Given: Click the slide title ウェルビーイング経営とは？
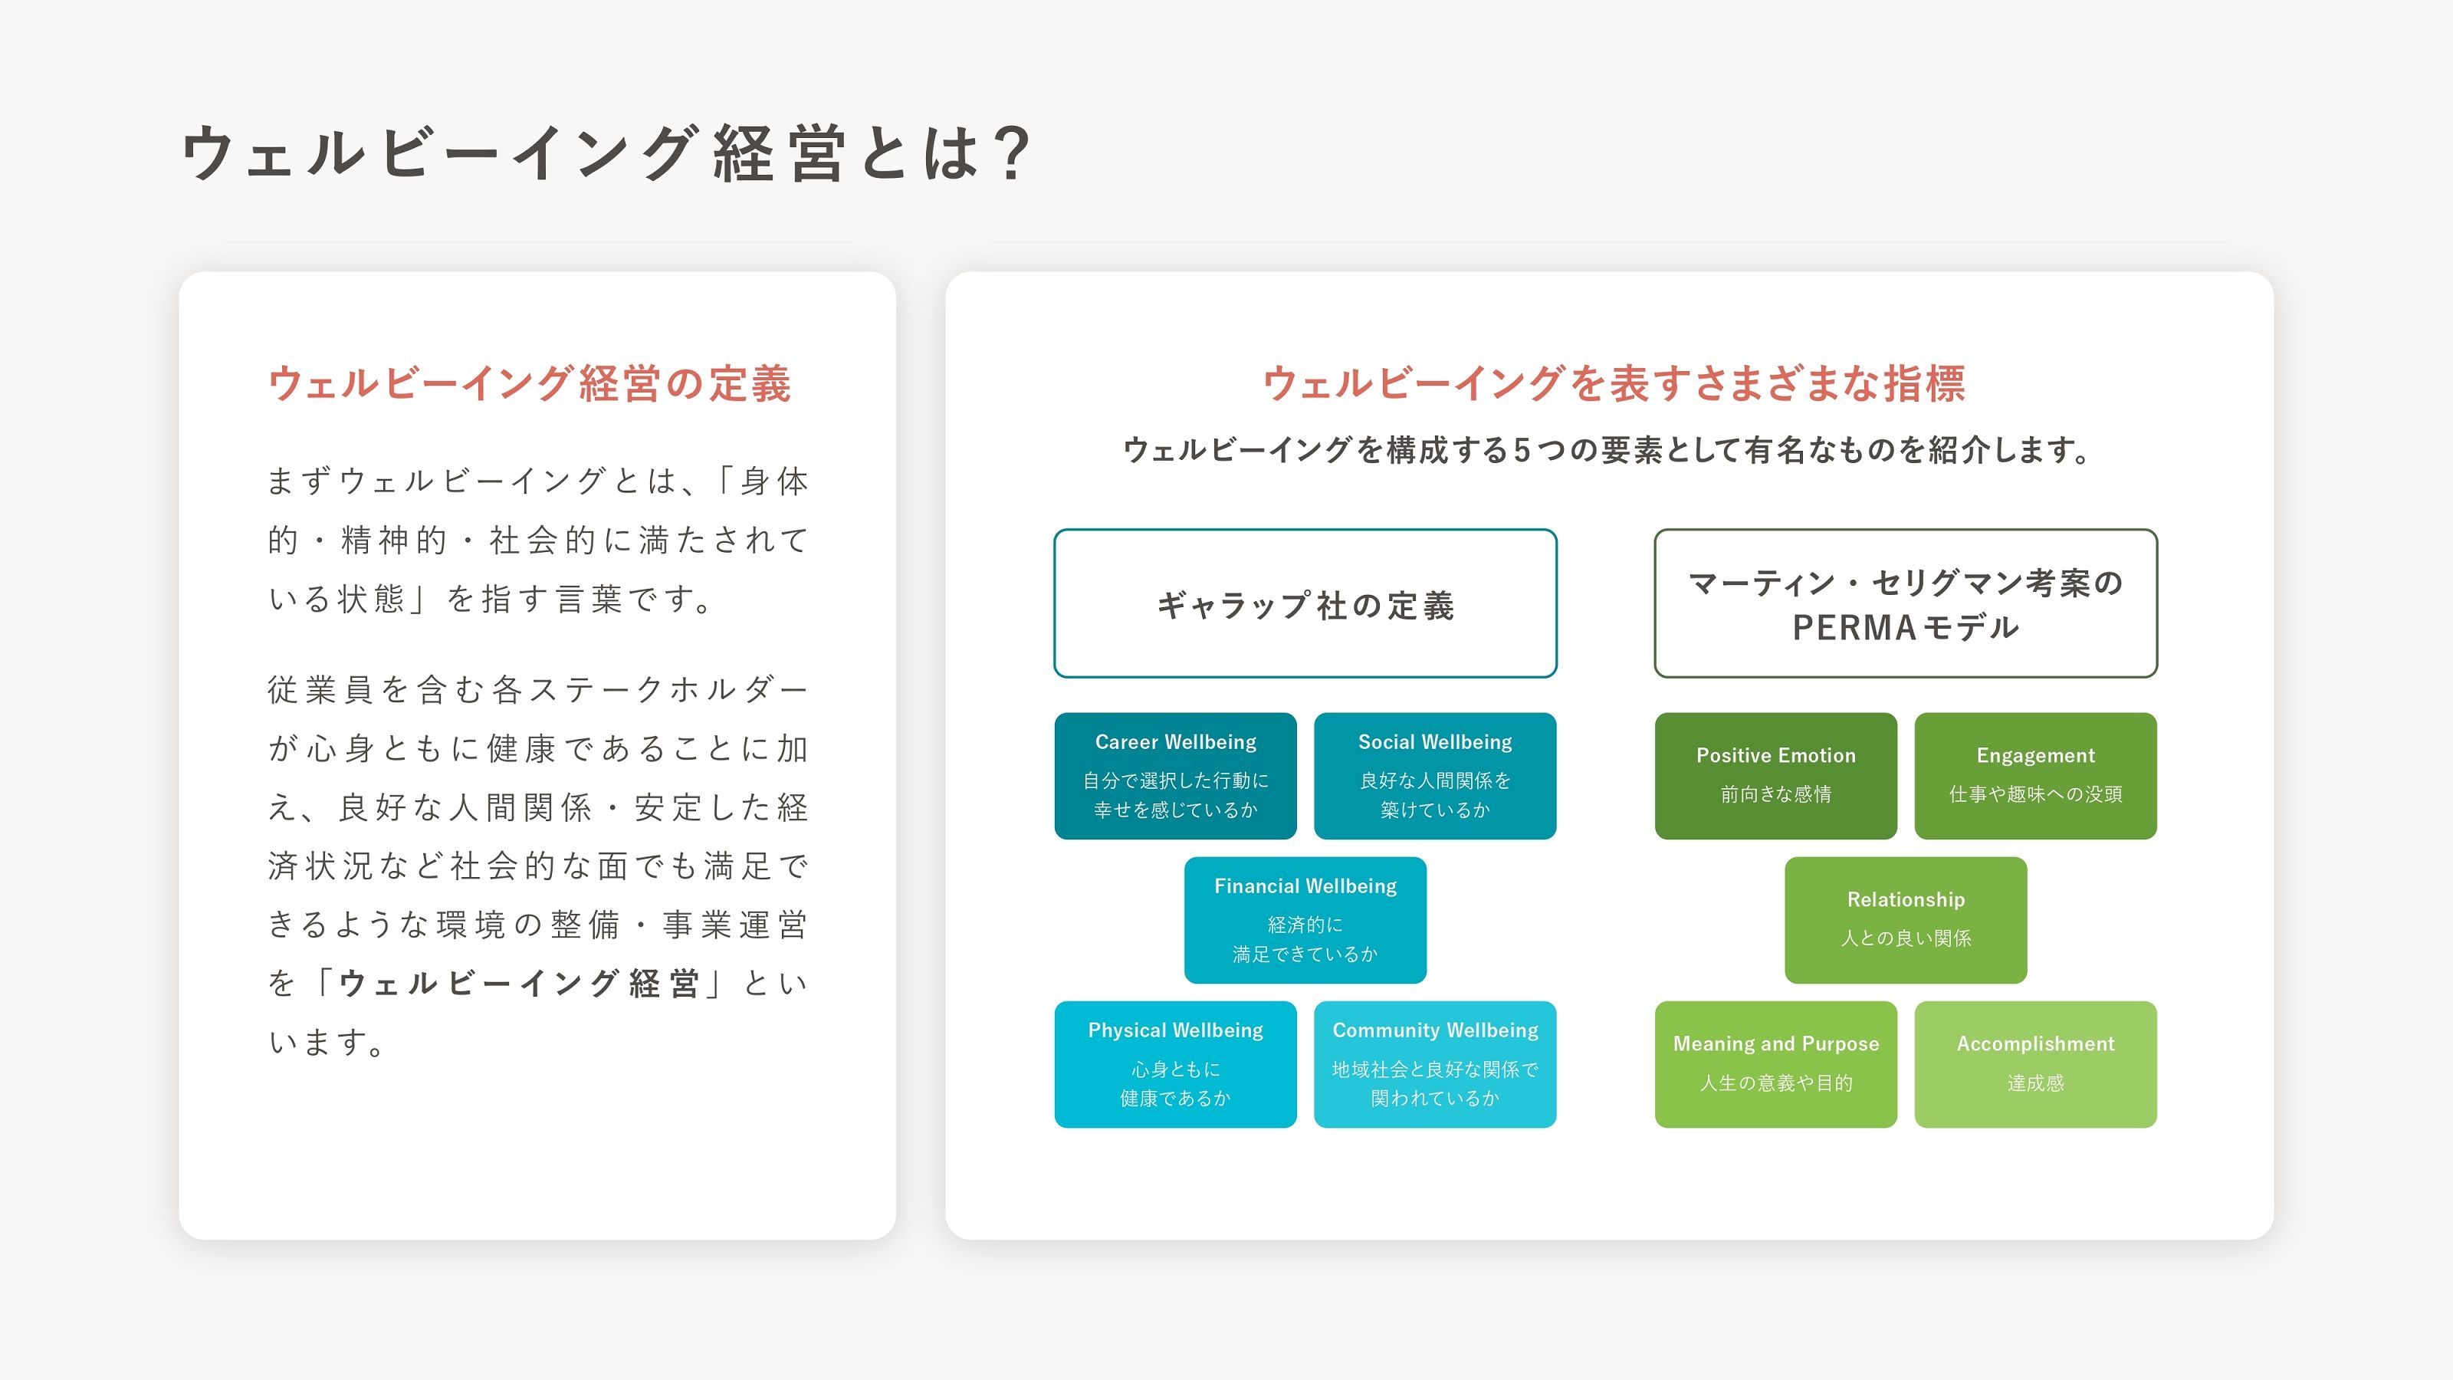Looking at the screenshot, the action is (x=606, y=153).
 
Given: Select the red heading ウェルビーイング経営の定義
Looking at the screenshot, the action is (x=530, y=384).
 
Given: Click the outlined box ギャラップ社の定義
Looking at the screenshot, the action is (x=1305, y=604).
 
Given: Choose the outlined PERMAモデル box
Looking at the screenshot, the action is (x=1906, y=604).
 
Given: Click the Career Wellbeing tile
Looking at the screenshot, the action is (x=1175, y=776).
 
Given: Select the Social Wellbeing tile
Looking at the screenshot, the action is (x=1435, y=776).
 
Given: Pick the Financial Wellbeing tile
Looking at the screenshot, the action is (x=1305, y=920).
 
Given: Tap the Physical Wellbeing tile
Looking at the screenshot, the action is (x=1175, y=1065).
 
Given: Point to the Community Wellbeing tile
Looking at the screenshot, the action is (x=1435, y=1065).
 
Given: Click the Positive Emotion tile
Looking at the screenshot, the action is (x=1776, y=776).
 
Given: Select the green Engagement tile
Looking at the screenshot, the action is (x=2036, y=776).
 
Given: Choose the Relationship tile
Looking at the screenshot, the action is (x=1906, y=920).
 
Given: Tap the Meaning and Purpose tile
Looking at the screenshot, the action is (x=1776, y=1065).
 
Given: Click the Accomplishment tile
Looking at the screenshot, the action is (x=2036, y=1065).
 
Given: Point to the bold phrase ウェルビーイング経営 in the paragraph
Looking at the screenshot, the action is (x=520, y=984).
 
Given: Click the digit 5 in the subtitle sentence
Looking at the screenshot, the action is (x=1522, y=449).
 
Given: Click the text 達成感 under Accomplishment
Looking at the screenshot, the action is (x=2036, y=1083).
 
